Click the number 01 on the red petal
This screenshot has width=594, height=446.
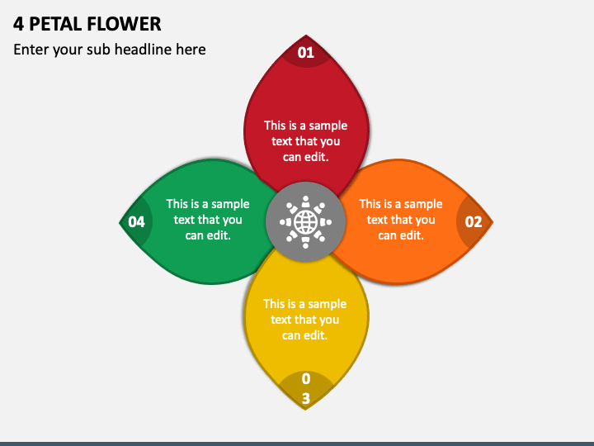(306, 53)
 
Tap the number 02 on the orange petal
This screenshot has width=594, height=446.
(474, 221)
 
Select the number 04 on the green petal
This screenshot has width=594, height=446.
(136, 221)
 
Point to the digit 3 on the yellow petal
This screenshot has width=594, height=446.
(306, 398)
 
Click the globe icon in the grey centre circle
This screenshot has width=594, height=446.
(306, 222)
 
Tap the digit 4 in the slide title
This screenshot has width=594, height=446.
(18, 23)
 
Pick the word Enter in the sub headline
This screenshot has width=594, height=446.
(31, 50)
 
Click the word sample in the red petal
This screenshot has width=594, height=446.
(328, 126)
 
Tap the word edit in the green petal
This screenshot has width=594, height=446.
(219, 235)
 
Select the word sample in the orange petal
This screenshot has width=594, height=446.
(423, 204)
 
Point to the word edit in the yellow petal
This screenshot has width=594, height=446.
(317, 335)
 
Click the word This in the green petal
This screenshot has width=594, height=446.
(178, 204)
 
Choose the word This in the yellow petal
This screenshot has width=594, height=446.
(275, 304)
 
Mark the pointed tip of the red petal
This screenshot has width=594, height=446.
(306, 36)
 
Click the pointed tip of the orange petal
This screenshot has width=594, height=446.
(492, 222)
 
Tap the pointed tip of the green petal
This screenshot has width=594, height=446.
(120, 222)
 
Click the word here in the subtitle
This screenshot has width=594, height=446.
(191, 50)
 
